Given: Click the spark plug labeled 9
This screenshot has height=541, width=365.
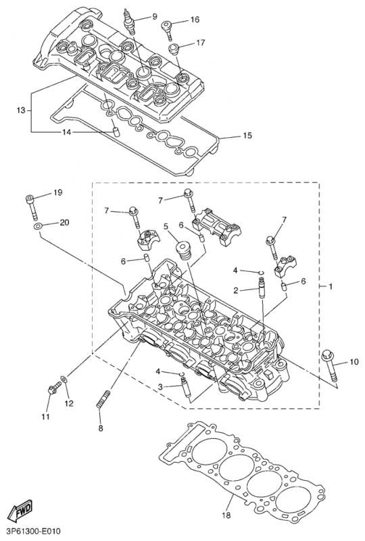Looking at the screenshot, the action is point(129,22).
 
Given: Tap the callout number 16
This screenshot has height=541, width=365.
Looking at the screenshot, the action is point(195,20).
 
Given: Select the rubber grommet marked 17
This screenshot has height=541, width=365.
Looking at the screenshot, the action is point(174,49).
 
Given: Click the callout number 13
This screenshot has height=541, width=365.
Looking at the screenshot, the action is point(22,110).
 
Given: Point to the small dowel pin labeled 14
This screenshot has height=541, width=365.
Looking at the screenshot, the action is point(115,131).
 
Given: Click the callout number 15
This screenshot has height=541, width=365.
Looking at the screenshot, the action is point(247,136).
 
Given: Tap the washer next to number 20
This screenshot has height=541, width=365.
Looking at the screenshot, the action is point(38,227).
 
